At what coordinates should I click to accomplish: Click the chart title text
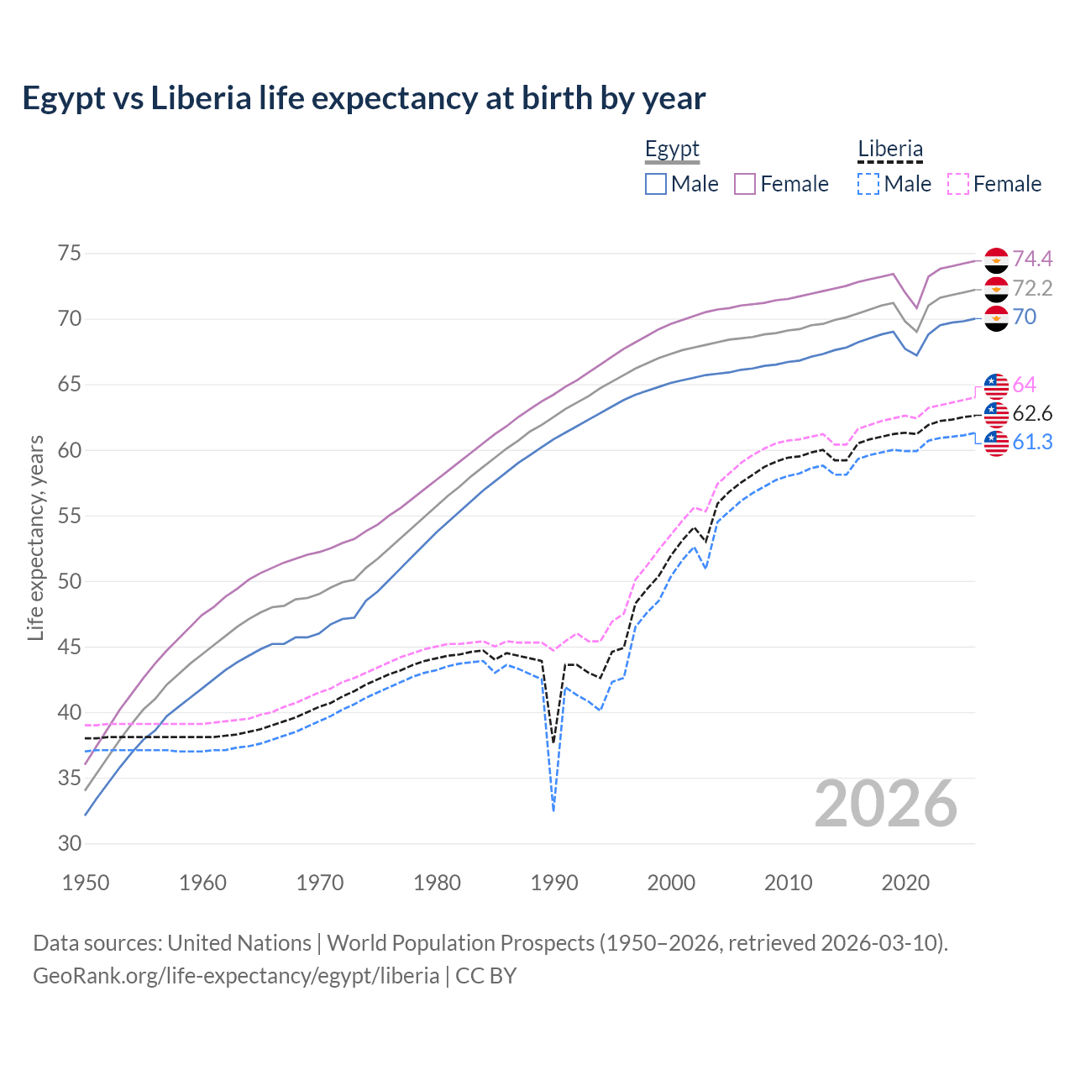(x=364, y=98)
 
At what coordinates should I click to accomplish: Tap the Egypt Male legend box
(x=656, y=184)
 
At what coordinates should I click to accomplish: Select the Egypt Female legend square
(x=745, y=184)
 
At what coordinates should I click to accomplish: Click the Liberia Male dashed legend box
(x=868, y=184)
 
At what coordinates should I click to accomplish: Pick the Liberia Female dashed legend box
(x=958, y=184)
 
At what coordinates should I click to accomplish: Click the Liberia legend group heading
(x=890, y=149)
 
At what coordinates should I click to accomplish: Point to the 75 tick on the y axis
(x=69, y=254)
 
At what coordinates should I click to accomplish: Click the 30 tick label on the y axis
(x=69, y=844)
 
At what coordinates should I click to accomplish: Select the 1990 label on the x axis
(x=554, y=883)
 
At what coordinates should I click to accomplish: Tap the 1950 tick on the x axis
(x=87, y=883)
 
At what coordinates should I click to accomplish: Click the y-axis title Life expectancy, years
(x=35, y=537)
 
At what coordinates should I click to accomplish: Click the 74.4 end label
(x=1032, y=260)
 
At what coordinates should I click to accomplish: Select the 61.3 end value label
(x=1032, y=443)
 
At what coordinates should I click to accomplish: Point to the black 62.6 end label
(x=1032, y=414)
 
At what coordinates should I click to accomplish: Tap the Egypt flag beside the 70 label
(x=996, y=318)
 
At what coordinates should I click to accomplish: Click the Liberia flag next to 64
(x=996, y=385)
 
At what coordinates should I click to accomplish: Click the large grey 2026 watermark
(x=886, y=805)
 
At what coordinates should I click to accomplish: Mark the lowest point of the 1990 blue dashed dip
(x=553, y=810)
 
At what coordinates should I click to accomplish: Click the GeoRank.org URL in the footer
(x=236, y=976)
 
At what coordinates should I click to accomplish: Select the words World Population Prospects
(x=460, y=943)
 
